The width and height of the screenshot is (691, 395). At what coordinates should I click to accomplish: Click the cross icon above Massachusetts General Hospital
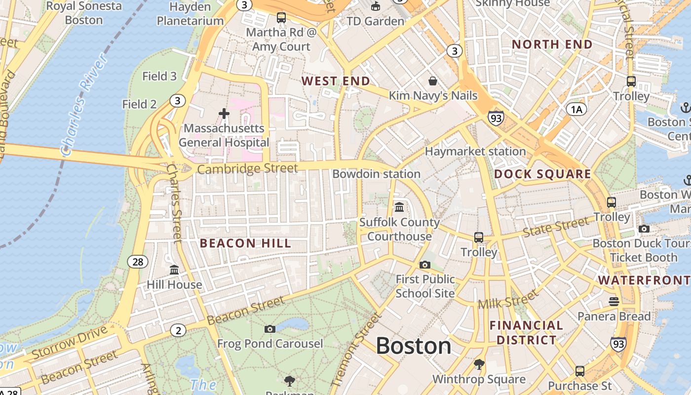(x=224, y=114)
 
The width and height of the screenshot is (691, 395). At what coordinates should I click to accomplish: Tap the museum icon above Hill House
(x=174, y=270)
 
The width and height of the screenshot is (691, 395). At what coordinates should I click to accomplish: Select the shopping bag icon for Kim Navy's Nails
(x=433, y=80)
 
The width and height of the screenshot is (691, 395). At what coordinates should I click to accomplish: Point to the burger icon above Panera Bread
(x=614, y=301)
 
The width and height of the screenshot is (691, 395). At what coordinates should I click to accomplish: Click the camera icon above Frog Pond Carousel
(x=270, y=329)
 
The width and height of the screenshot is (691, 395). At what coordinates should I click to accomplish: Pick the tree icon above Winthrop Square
(x=479, y=364)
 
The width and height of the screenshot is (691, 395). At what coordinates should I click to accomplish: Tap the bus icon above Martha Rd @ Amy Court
(x=281, y=18)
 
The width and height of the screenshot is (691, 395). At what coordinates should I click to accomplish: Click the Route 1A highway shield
(x=576, y=109)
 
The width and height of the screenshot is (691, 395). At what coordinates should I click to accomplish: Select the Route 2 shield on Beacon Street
(x=178, y=330)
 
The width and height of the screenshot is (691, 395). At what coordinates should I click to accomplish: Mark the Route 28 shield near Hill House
(x=137, y=262)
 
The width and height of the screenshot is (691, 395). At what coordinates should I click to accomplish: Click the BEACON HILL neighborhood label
(x=245, y=243)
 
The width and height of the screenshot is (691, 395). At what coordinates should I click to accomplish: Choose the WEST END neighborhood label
(x=336, y=81)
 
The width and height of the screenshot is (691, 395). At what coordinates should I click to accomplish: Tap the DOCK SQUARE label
(x=542, y=174)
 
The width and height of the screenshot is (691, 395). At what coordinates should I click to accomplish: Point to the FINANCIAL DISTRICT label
(x=526, y=332)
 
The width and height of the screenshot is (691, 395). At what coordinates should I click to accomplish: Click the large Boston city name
(x=414, y=346)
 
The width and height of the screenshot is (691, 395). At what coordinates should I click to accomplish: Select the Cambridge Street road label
(x=247, y=169)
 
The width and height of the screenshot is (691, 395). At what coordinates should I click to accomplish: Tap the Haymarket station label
(x=475, y=152)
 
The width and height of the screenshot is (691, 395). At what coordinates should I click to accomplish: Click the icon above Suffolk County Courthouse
(x=399, y=207)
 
